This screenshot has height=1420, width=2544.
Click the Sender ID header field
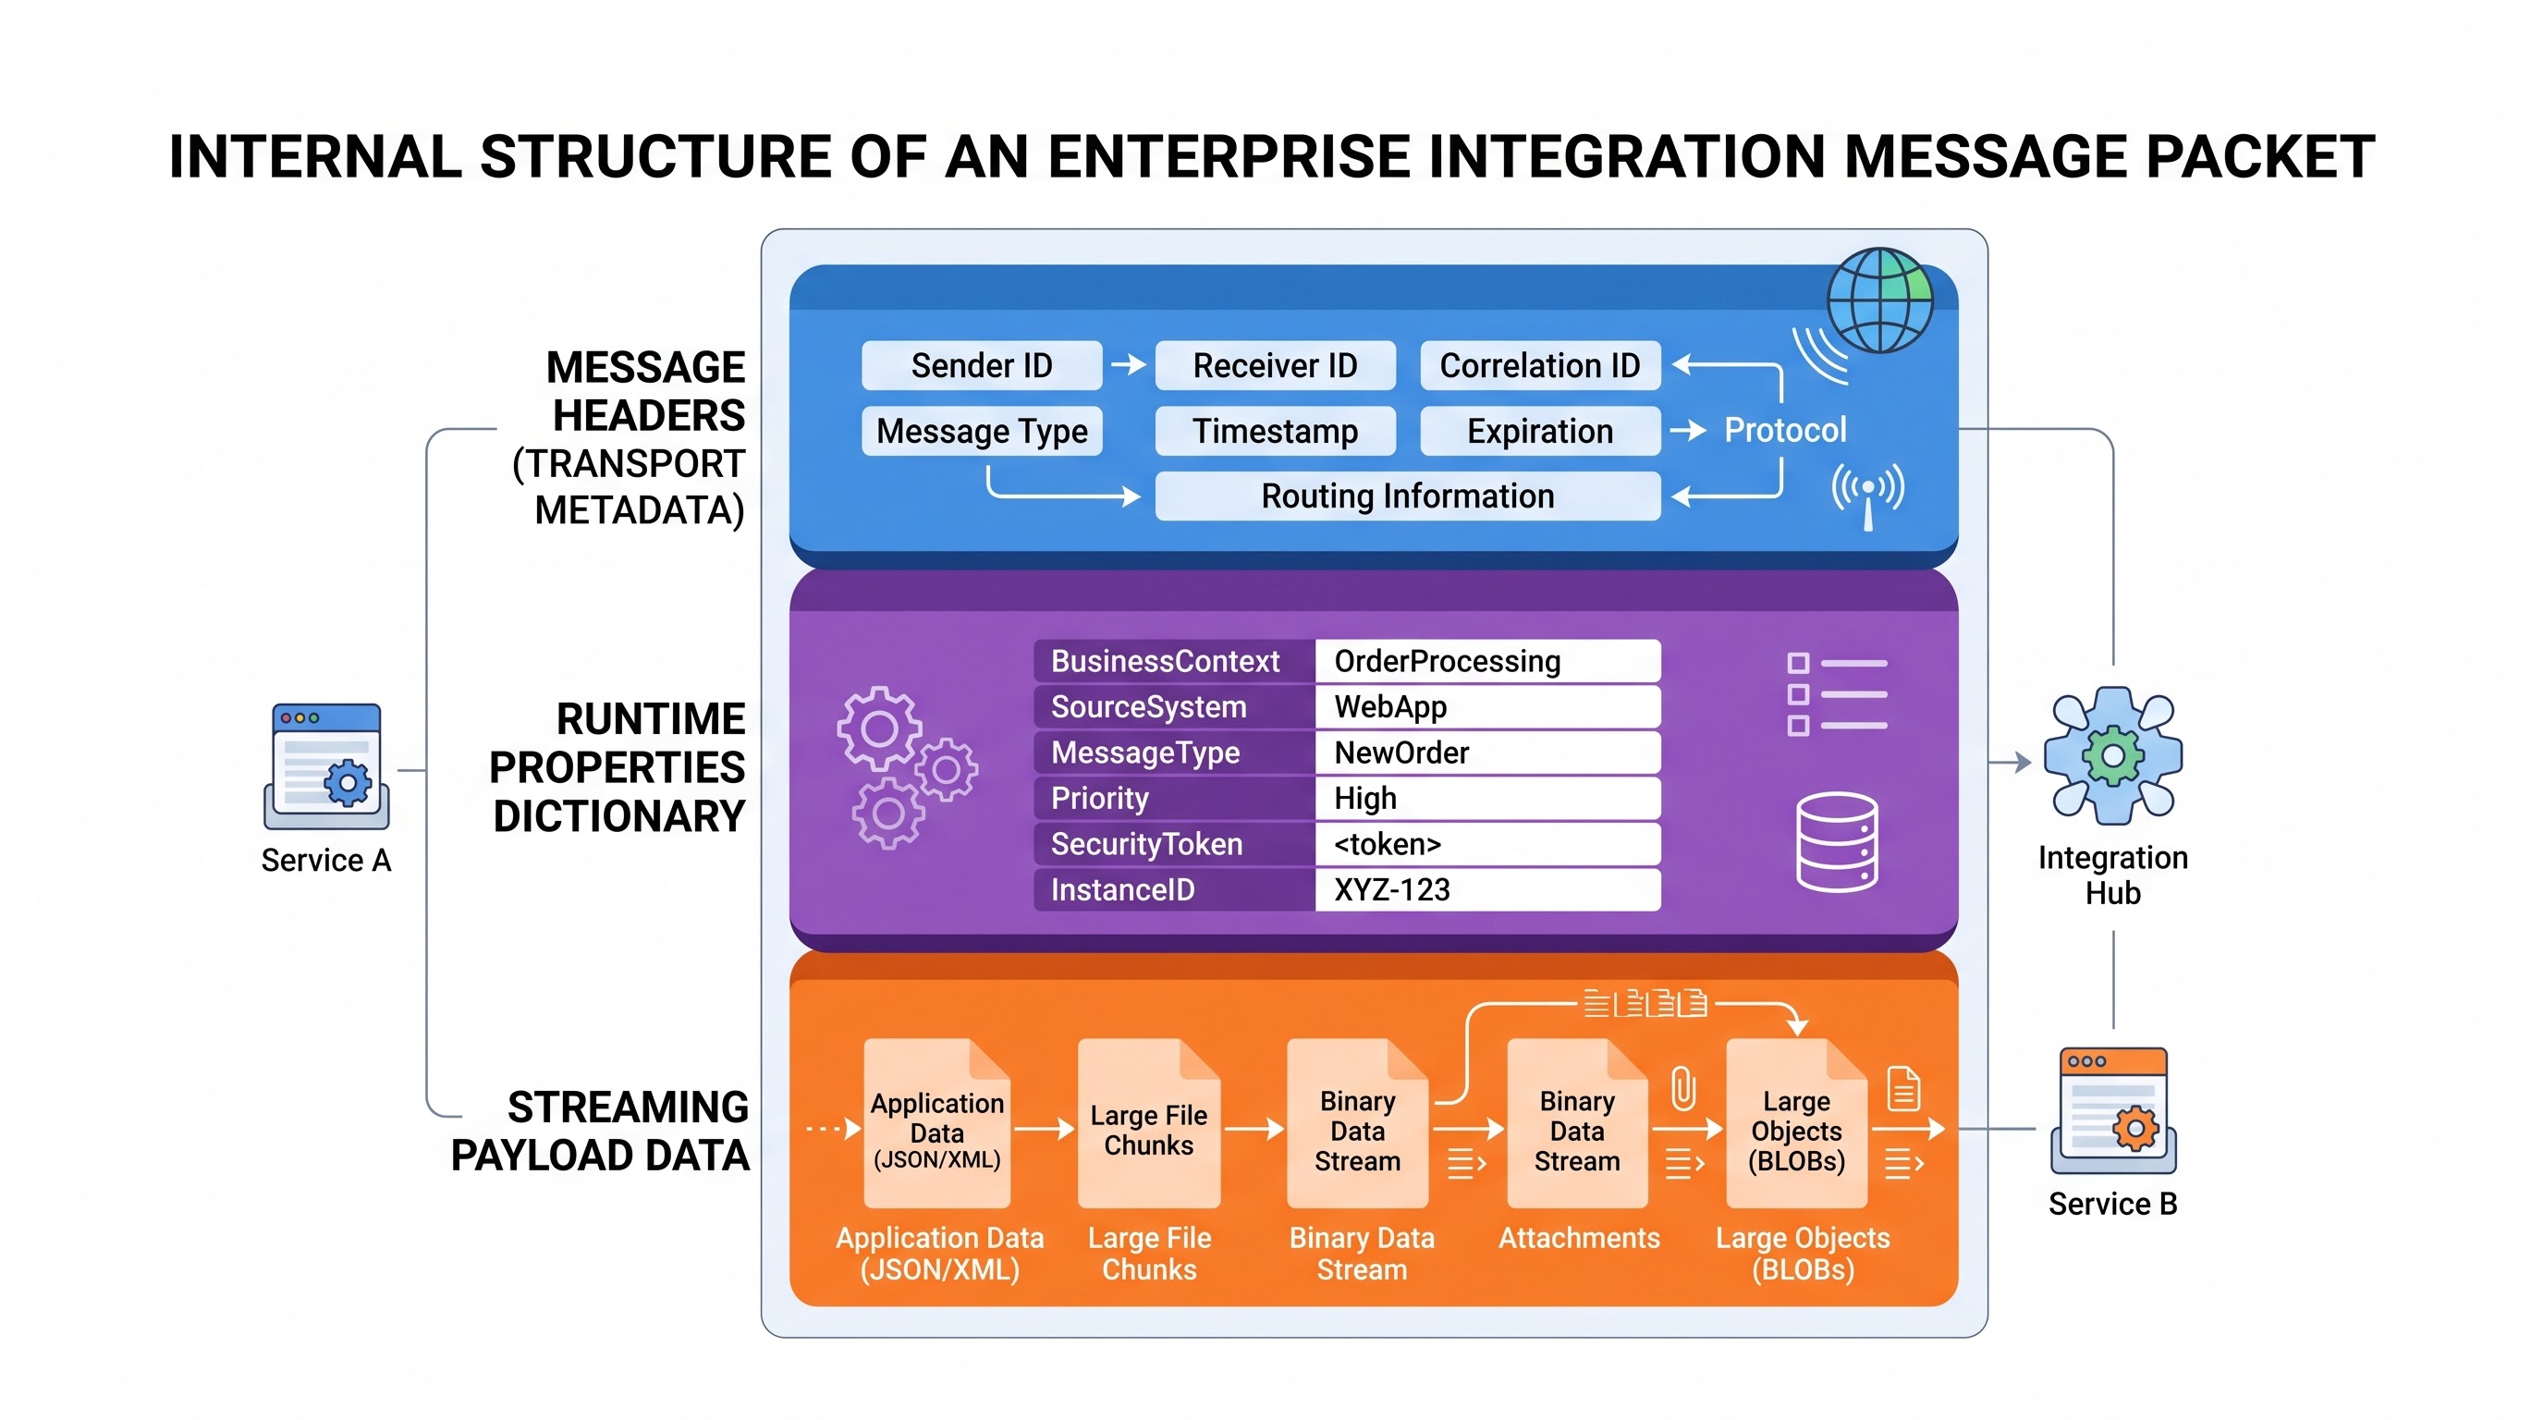tap(982, 365)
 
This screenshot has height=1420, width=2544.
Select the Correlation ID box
tap(1540, 365)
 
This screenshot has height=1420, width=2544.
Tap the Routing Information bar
tap(1407, 496)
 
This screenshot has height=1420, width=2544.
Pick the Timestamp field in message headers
tap(1275, 431)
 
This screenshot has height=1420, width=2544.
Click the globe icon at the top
tap(1879, 300)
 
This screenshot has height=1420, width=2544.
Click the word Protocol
tap(1784, 430)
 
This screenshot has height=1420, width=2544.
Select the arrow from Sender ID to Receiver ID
tap(1129, 365)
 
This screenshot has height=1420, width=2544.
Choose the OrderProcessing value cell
tap(1487, 661)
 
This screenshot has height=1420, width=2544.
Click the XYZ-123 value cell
tap(1487, 889)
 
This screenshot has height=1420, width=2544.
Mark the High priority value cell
tap(1487, 798)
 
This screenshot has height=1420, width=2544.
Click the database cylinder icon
tap(1837, 841)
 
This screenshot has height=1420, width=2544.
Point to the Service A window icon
tap(327, 766)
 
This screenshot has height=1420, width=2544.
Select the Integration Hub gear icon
tap(2112, 756)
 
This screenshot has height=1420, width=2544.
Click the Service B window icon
tap(2113, 1110)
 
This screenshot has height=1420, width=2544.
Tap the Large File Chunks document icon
tap(1148, 1122)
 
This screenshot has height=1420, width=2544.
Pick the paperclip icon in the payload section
tap(1682, 1088)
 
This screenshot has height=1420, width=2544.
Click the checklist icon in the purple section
tap(1837, 694)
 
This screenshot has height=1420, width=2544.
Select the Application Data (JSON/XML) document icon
tap(936, 1122)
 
